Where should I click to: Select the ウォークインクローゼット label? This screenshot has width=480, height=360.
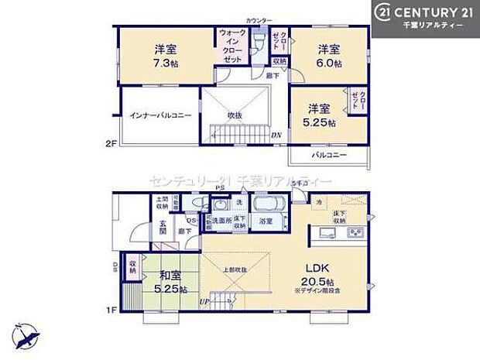click(232, 46)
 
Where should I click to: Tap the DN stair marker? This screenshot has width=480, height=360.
click(276, 135)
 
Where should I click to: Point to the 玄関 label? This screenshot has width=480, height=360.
click(163, 226)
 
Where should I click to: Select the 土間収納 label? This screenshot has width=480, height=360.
click(160, 203)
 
